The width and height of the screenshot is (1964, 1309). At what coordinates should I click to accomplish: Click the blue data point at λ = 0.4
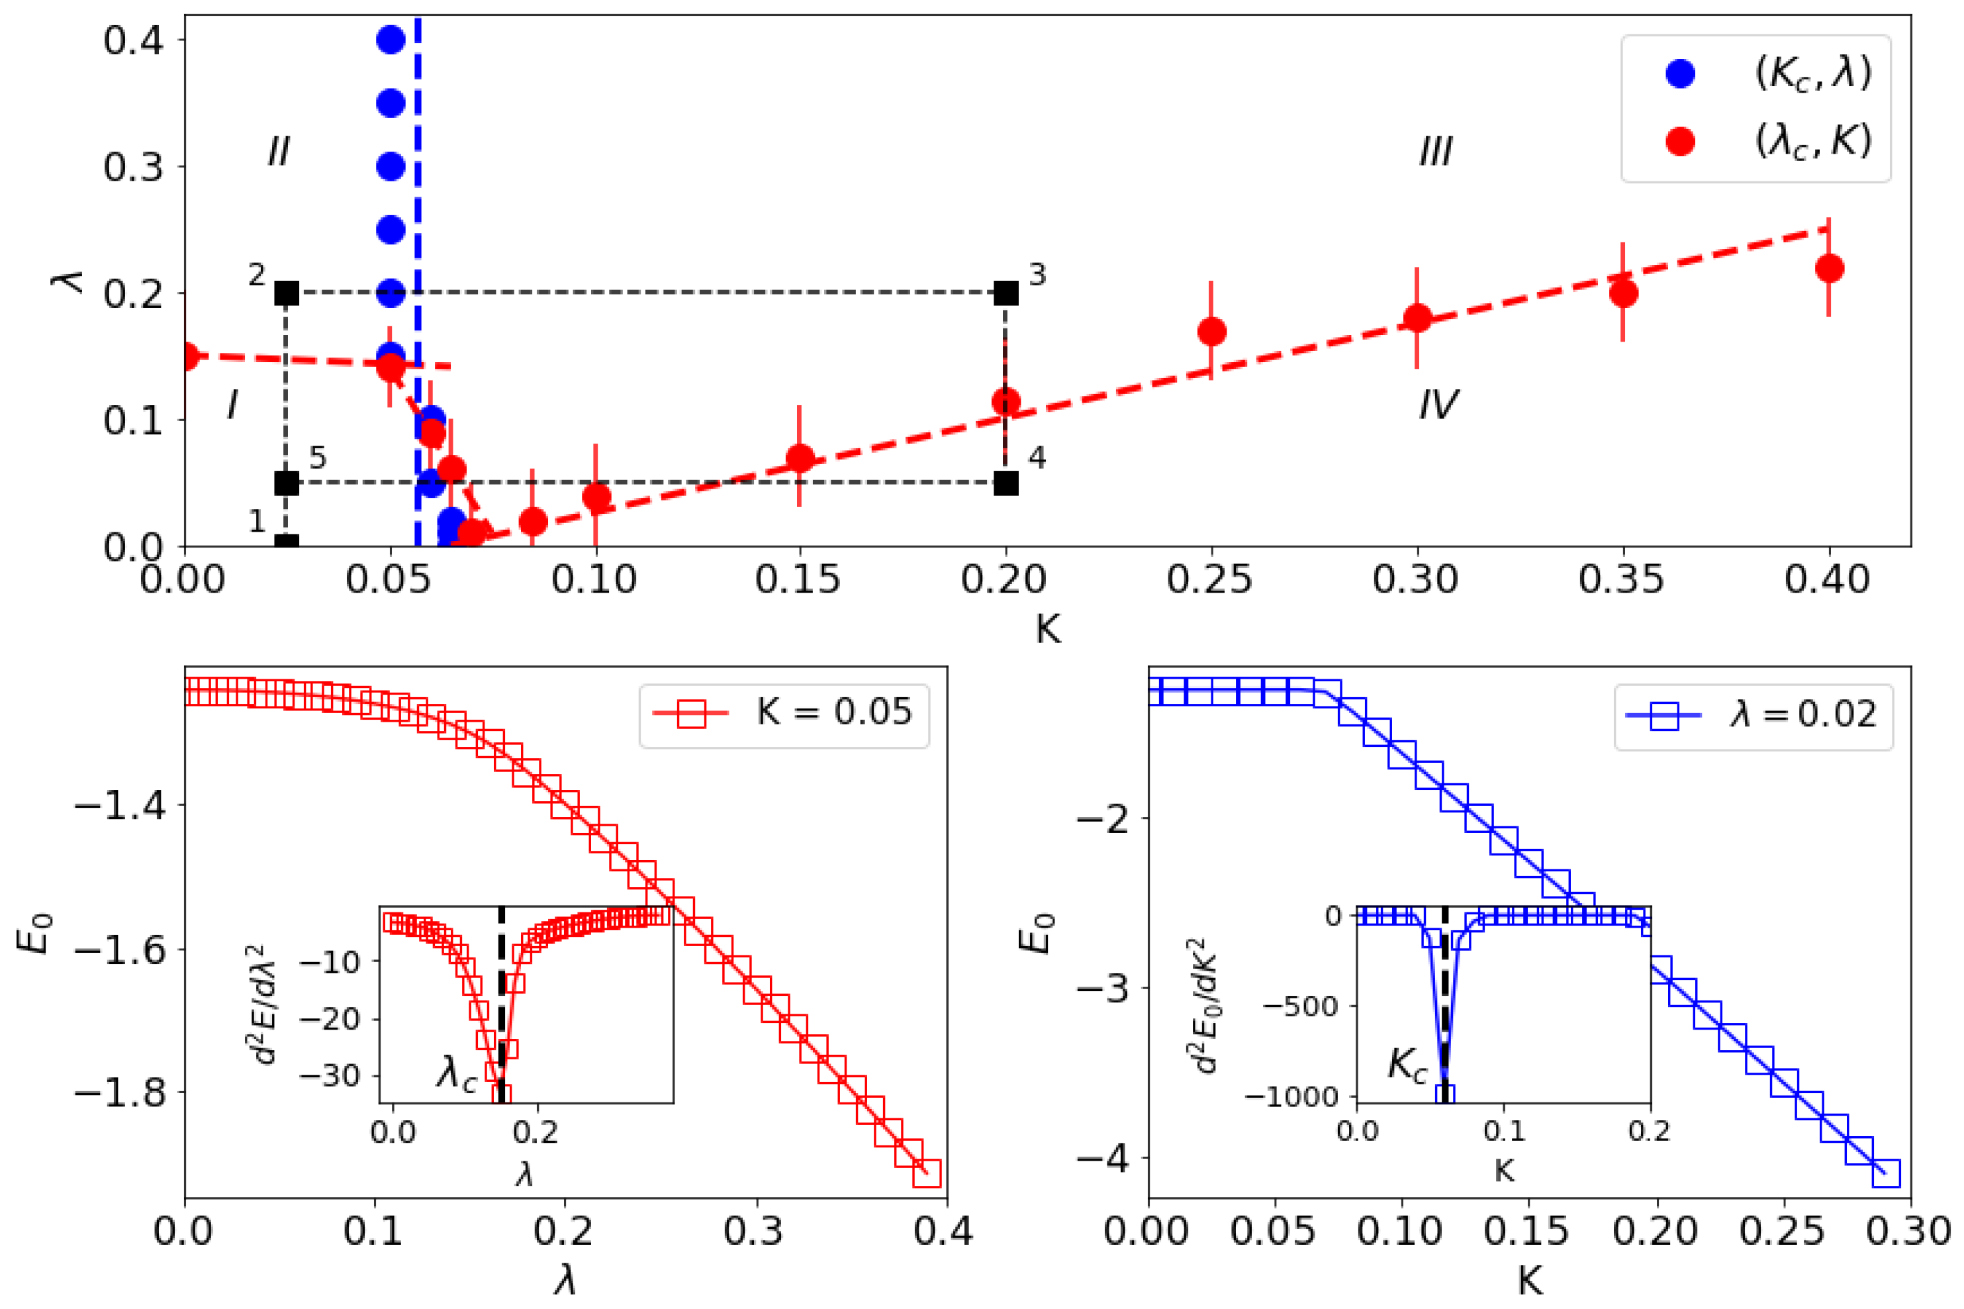[x=391, y=39]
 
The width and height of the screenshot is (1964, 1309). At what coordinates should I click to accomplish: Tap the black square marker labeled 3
[x=1005, y=293]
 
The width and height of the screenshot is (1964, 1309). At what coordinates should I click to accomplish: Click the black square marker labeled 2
[x=287, y=293]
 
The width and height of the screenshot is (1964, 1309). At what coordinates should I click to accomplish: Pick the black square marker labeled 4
[x=1005, y=483]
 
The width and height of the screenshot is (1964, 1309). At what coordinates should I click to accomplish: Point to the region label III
[x=1435, y=152]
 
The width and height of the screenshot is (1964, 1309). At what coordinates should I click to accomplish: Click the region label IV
[x=1437, y=405]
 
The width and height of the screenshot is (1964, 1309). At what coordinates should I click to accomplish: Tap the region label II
[x=278, y=152]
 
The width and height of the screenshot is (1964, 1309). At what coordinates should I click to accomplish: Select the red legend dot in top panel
[x=1679, y=142]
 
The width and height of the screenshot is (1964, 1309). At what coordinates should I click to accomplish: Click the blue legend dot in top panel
[x=1679, y=73]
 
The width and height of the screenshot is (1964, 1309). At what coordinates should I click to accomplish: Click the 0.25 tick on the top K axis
[x=1209, y=579]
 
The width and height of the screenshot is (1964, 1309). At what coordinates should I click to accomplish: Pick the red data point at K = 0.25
[x=1211, y=332]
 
